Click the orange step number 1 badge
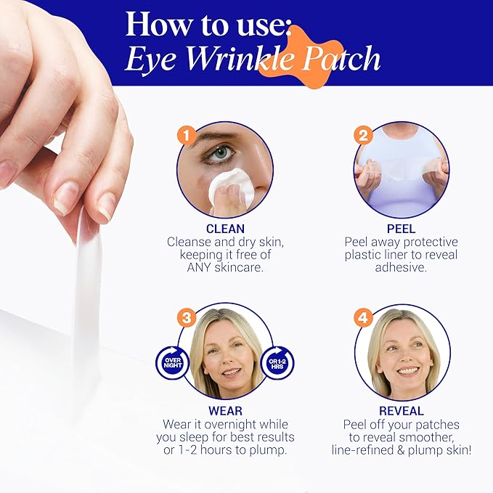click(188, 134)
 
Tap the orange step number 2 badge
click(363, 134)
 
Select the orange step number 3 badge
click(188, 317)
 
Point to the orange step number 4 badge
click(363, 317)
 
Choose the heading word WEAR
click(226, 411)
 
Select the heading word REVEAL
click(402, 411)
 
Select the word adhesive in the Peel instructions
click(402, 268)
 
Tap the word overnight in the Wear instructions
click(237, 424)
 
